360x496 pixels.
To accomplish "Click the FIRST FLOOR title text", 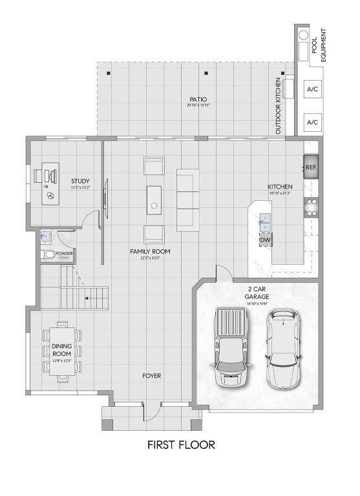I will click(180, 444).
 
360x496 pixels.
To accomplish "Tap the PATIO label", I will click(198, 99).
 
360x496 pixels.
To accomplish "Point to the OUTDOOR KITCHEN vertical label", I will click(279, 107).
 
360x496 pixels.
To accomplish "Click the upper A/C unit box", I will click(313, 88).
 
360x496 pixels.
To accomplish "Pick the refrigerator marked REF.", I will click(311, 167).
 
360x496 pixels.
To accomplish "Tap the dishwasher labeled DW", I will click(265, 240).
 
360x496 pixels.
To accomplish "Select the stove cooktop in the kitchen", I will click(311, 206).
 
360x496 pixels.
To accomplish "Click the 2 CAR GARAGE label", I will click(257, 293).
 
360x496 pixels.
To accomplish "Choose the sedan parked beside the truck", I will click(282, 347).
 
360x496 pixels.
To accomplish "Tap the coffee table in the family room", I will click(154, 199).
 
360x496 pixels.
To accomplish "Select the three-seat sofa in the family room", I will click(188, 200).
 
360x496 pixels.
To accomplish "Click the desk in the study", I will click(50, 186).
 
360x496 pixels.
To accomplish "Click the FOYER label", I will click(152, 375).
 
